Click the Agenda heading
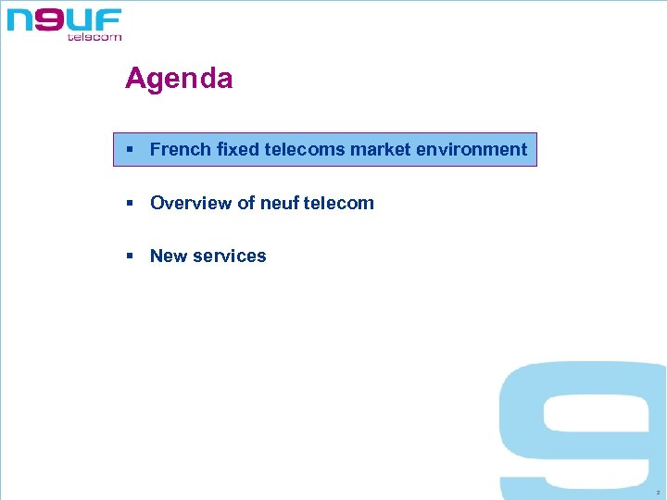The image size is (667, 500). (x=179, y=79)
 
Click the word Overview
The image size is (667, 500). (x=191, y=203)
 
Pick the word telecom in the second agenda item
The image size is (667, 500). (x=338, y=203)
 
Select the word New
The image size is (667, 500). (x=169, y=256)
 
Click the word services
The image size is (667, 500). (x=230, y=256)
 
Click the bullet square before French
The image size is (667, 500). (x=132, y=149)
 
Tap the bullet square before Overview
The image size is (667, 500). (x=132, y=203)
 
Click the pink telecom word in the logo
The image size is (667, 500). (x=94, y=37)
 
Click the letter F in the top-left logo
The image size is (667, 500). (x=108, y=19)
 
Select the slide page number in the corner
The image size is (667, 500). (x=656, y=493)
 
